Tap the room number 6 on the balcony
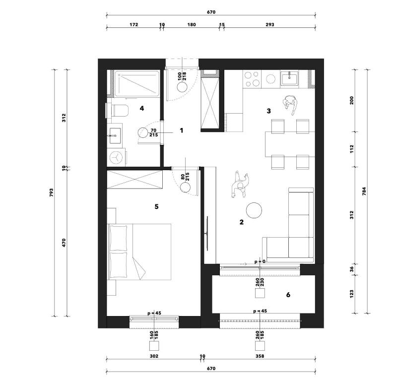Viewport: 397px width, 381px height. (x=288, y=295)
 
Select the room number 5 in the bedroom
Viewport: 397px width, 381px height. (x=156, y=206)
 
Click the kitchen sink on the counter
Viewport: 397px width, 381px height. (x=288, y=78)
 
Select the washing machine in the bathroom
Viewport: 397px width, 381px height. (x=117, y=157)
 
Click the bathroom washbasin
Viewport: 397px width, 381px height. (x=115, y=133)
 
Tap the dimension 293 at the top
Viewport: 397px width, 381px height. (x=270, y=24)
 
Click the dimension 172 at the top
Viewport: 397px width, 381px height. (x=133, y=24)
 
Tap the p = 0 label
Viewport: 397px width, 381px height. (x=260, y=261)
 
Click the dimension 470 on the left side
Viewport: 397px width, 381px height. (x=64, y=243)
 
